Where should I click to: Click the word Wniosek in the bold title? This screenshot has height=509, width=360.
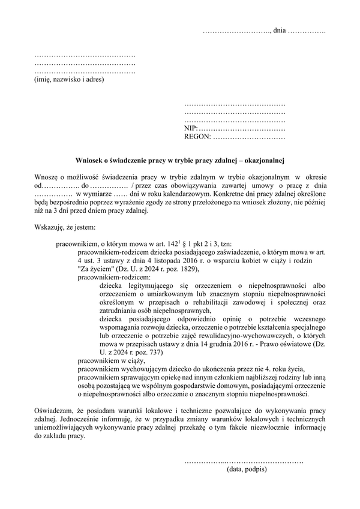pos(88,160)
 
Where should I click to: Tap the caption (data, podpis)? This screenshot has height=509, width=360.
pos(247,469)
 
